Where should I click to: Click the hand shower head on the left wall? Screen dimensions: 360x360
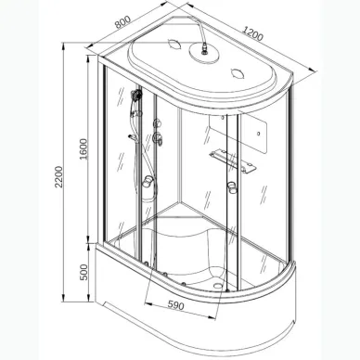click(x=136, y=96)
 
